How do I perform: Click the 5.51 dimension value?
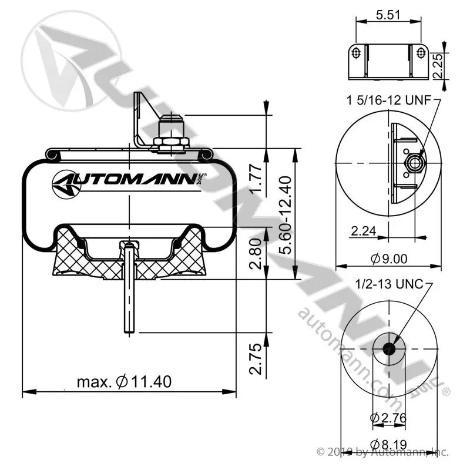[x=388, y=15]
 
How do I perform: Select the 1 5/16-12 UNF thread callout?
[x=389, y=100]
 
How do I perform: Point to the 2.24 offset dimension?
[x=363, y=231]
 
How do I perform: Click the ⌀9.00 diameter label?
[x=389, y=258]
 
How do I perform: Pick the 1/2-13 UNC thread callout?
[x=390, y=284]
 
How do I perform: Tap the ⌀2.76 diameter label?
[x=388, y=418]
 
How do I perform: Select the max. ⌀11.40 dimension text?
[x=124, y=382]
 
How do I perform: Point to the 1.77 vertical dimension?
[x=257, y=180]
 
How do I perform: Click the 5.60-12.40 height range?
[x=285, y=215]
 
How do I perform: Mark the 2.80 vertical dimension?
[x=256, y=254]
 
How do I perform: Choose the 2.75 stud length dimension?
[x=256, y=358]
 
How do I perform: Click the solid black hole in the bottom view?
[x=389, y=348]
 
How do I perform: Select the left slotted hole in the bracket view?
[x=356, y=53]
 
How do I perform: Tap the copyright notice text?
[x=383, y=452]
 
